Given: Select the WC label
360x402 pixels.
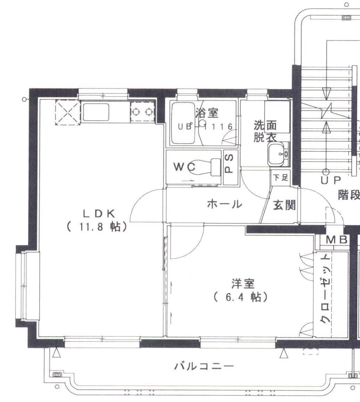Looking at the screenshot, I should pyautogui.click(x=185, y=167).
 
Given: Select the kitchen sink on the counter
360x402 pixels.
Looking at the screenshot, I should pyautogui.click(x=96, y=112).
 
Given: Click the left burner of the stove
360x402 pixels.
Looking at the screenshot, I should pyautogui.click(x=136, y=112).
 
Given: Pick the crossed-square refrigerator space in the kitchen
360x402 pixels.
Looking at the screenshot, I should pyautogui.click(x=68, y=112).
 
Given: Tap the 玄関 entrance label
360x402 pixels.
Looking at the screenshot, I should pyautogui.click(x=284, y=206).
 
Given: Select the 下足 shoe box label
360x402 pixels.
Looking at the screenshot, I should pyautogui.click(x=280, y=178).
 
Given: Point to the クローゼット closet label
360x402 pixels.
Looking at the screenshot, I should pyautogui.click(x=325, y=289).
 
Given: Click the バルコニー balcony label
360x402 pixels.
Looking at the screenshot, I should pyautogui.click(x=204, y=366).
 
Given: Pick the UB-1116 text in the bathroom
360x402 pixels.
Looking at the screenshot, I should pyautogui.click(x=205, y=127).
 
